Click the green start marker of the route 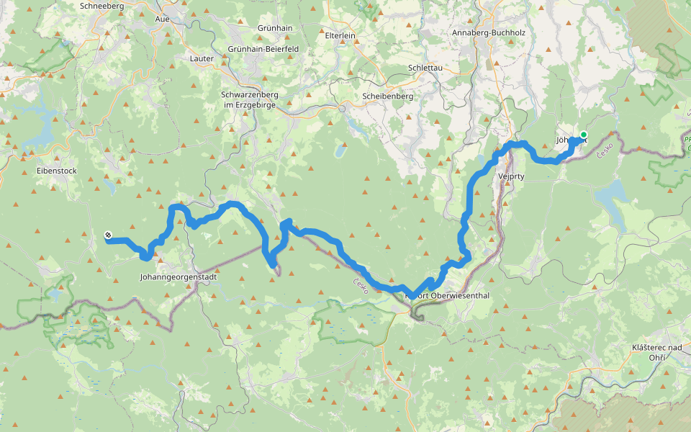point(583,135)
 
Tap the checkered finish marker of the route point(108,235)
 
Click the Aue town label point(163,19)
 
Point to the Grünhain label point(274,27)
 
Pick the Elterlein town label point(343,34)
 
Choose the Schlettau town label point(425,68)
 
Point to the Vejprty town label point(511,175)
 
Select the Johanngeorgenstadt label point(176,276)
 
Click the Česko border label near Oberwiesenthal point(361,285)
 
